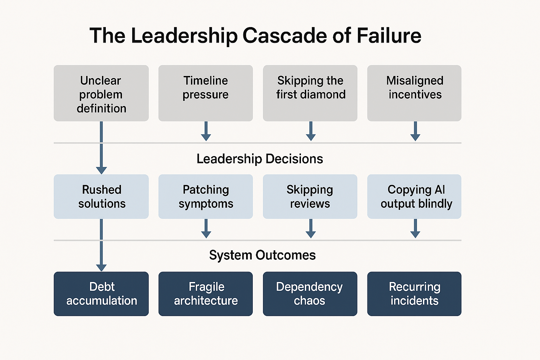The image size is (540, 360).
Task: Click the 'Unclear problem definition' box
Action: (x=101, y=94)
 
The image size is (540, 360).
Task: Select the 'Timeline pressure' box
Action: (x=206, y=94)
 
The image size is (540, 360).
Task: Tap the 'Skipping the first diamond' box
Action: (x=310, y=94)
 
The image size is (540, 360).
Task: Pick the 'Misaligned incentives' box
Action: (x=414, y=94)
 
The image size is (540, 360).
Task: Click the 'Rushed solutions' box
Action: (x=101, y=197)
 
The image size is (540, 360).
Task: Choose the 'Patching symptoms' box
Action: (x=206, y=197)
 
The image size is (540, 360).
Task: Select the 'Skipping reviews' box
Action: (x=310, y=197)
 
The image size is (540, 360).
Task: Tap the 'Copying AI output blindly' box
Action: (x=414, y=197)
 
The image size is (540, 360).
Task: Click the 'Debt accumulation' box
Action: (x=101, y=294)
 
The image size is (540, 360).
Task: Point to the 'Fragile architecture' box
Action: (x=206, y=294)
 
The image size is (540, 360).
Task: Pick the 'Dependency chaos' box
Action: (x=310, y=294)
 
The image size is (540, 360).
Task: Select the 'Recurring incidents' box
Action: (x=414, y=294)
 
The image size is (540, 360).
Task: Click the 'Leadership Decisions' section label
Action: (x=259, y=159)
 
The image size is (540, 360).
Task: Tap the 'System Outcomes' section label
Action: (x=262, y=255)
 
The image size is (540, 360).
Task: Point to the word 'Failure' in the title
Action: (x=389, y=36)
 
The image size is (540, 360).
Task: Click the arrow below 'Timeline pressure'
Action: (x=206, y=131)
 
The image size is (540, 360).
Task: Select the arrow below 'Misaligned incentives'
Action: (x=415, y=131)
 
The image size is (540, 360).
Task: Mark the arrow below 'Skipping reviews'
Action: (x=310, y=229)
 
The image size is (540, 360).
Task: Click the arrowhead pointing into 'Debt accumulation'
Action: (x=101, y=268)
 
